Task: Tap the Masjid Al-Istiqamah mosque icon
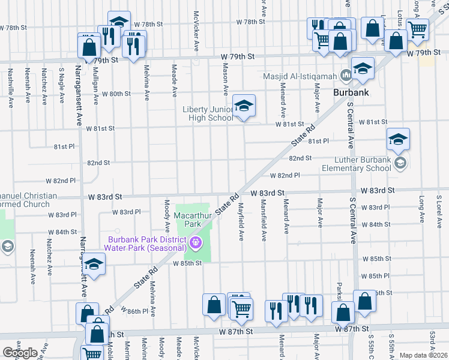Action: click(x=346, y=76)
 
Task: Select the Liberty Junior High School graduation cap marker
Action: click(x=244, y=106)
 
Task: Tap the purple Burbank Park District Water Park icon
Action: click(x=194, y=243)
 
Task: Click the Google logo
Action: click(x=19, y=352)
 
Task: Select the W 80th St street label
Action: click(x=116, y=94)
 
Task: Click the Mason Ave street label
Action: click(x=226, y=81)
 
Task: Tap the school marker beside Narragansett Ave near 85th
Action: click(x=94, y=263)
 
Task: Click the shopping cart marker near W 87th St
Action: click(x=241, y=308)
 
